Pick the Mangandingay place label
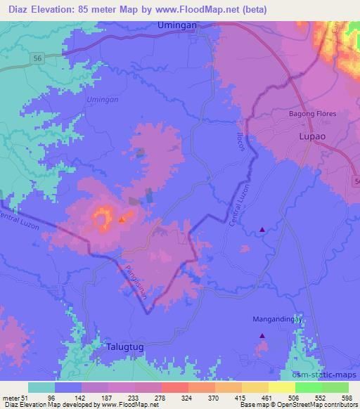[x=276, y=319]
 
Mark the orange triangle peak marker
[x=122, y=220]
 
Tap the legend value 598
[x=345, y=397]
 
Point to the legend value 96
[x=51, y=397]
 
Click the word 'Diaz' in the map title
[x=15, y=10]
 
